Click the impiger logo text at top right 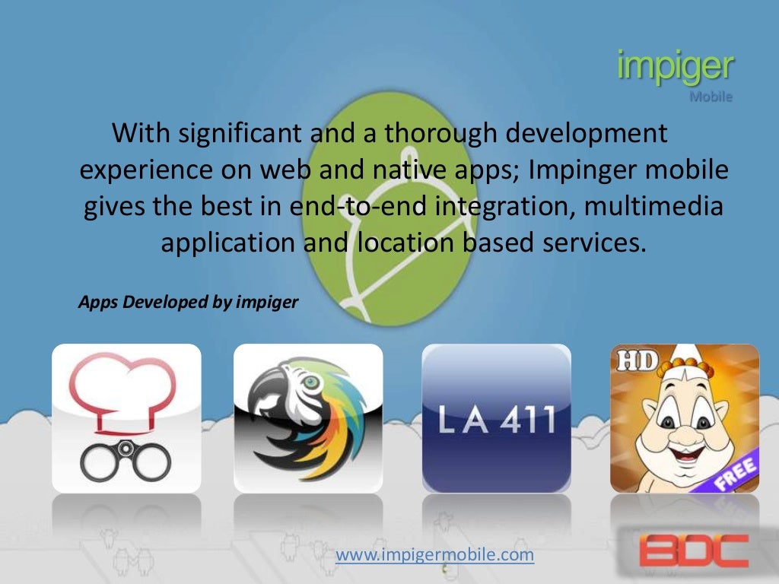click(675, 68)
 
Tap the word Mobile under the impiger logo click(711, 97)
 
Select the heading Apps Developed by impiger click(189, 302)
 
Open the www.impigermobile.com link click(435, 556)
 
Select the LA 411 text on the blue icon click(496, 421)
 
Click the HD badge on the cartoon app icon click(635, 361)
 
